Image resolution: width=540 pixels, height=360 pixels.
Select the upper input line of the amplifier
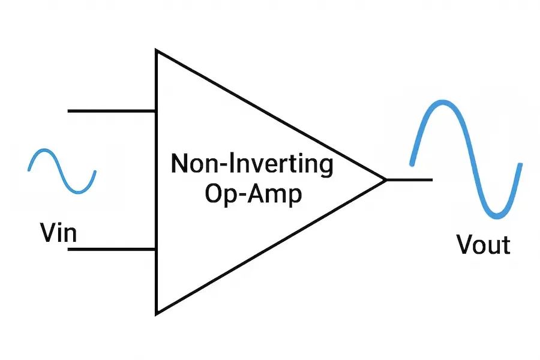point(112,111)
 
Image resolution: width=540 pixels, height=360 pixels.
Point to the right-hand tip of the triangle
point(384,179)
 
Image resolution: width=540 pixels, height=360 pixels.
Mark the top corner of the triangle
point(157,52)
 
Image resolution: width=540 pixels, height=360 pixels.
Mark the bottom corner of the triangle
point(157,312)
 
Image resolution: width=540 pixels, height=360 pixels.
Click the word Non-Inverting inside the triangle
point(252,164)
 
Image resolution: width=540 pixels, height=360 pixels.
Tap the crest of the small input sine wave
point(43,152)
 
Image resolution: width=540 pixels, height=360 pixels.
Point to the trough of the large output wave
point(497,214)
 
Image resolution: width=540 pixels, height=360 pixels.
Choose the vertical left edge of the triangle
point(157,180)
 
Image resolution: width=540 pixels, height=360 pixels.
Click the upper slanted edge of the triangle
point(270,115)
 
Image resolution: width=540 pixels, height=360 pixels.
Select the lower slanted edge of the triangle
point(270,246)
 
